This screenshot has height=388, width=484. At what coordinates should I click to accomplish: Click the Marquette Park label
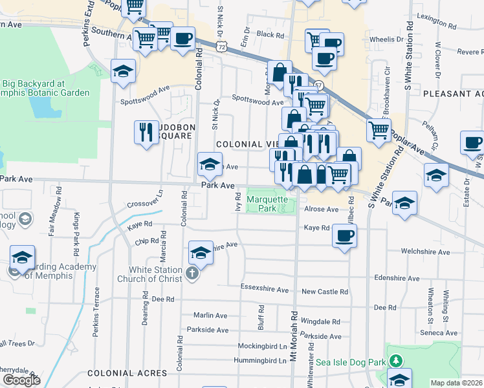pos(267,204)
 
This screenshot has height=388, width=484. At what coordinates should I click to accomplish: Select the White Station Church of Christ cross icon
pos(192,274)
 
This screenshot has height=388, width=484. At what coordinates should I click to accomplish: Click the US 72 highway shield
pos(222,47)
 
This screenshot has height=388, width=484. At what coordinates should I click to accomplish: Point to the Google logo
pos(21,380)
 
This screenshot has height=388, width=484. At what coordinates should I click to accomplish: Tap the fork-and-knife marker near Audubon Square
pos(146,133)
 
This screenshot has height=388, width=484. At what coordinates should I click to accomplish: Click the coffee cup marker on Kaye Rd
pos(344,236)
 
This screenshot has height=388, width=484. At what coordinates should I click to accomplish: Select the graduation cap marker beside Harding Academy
pos(23,258)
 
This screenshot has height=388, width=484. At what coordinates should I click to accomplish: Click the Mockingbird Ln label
pos(261,346)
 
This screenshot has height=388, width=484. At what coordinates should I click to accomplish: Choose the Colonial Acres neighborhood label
pos(127,373)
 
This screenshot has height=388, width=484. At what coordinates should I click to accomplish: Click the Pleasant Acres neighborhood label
pos(453,94)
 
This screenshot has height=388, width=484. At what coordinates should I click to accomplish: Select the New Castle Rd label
pos(325,292)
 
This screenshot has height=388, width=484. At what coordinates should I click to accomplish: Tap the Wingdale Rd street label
pos(320,321)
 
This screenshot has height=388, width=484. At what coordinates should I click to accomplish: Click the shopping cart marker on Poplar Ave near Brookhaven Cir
pos(379,130)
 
